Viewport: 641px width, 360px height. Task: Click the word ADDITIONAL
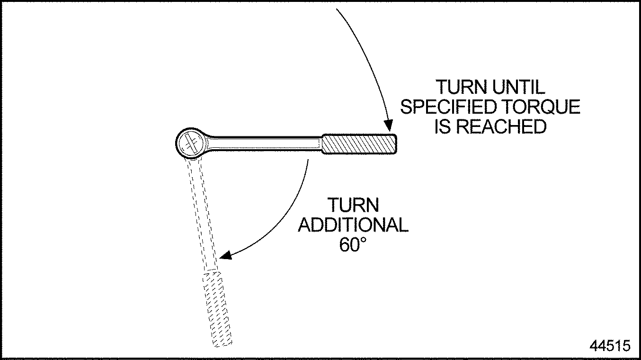click(353, 225)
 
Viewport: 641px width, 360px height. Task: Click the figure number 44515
click(610, 345)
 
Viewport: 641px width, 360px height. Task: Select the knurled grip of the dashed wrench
click(217, 308)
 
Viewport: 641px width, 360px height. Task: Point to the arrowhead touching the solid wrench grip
click(388, 126)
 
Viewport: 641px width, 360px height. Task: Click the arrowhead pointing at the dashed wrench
click(226, 255)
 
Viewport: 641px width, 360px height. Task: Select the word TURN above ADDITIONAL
click(353, 206)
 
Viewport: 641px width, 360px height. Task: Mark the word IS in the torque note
click(443, 126)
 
